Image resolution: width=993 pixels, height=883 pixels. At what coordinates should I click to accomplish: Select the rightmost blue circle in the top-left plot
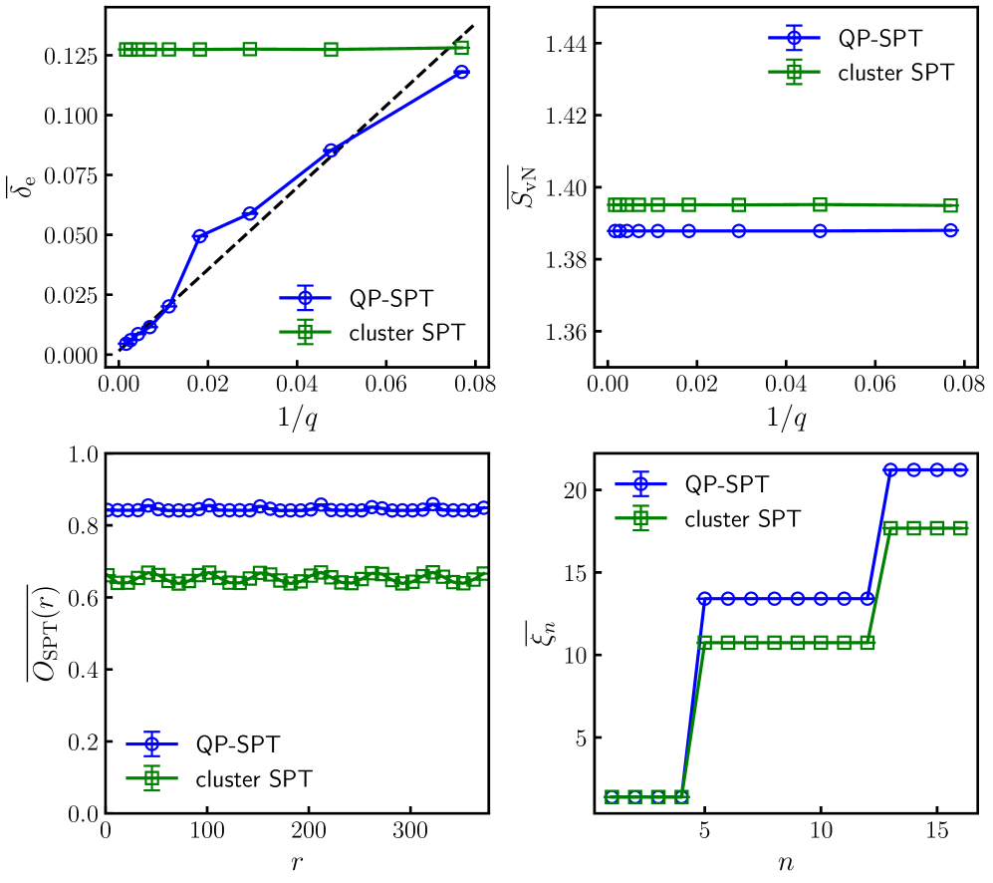[461, 72]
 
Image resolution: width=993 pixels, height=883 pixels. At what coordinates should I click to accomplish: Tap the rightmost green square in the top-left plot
[461, 48]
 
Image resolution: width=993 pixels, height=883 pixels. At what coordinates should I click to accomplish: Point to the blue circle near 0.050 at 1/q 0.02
[200, 236]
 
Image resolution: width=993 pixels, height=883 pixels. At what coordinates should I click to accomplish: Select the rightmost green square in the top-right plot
[950, 205]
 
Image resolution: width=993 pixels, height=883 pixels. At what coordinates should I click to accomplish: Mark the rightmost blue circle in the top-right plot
[950, 230]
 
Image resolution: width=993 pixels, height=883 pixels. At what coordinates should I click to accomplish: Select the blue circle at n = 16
[960, 469]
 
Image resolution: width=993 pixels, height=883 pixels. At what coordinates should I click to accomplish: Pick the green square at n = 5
[704, 643]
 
